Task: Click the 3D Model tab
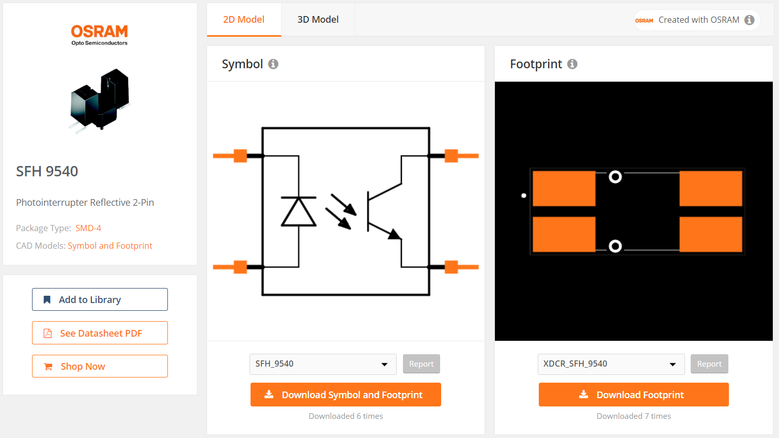[x=318, y=20]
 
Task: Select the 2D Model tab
[x=244, y=20]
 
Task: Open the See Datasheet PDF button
[x=100, y=333]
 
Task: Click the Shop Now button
[x=100, y=366]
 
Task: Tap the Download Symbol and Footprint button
[x=346, y=395]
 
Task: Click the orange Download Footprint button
[x=633, y=395]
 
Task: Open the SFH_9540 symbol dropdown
[x=322, y=364]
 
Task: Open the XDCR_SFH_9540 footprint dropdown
[x=611, y=364]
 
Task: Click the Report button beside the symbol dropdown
[x=421, y=364]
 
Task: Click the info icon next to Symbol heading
[x=273, y=64]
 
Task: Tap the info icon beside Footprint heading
[x=572, y=64]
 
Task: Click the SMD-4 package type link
[x=88, y=228]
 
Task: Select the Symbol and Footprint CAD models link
[x=110, y=246]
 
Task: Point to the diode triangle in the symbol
[x=299, y=213]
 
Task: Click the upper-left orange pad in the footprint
[x=564, y=189]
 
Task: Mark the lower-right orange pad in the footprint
[x=711, y=234]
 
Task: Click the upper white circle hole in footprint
[x=615, y=177]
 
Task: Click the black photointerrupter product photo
[x=100, y=99]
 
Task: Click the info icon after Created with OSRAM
[x=750, y=20]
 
